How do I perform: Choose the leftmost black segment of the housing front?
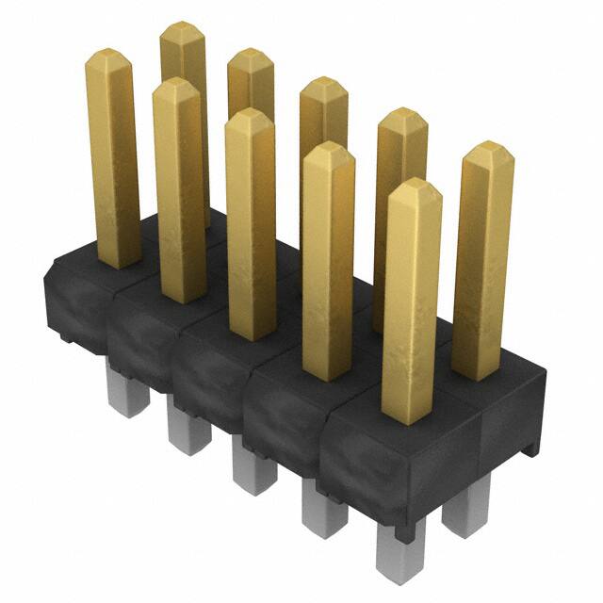[x=75, y=301]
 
